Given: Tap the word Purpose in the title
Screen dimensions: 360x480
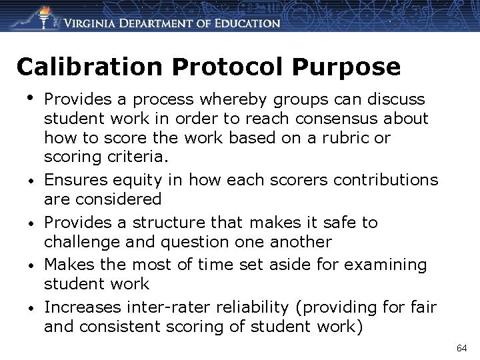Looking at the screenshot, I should (357, 67).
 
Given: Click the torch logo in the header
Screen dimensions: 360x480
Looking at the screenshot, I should (44, 16).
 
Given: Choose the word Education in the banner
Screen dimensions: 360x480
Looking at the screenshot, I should (245, 23).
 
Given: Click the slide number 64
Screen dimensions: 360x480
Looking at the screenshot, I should (462, 348).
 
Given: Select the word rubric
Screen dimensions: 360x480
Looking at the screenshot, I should (349, 139).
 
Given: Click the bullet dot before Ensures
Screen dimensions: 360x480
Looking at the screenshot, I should (31, 181).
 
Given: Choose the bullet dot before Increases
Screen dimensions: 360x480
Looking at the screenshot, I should (31, 309).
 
